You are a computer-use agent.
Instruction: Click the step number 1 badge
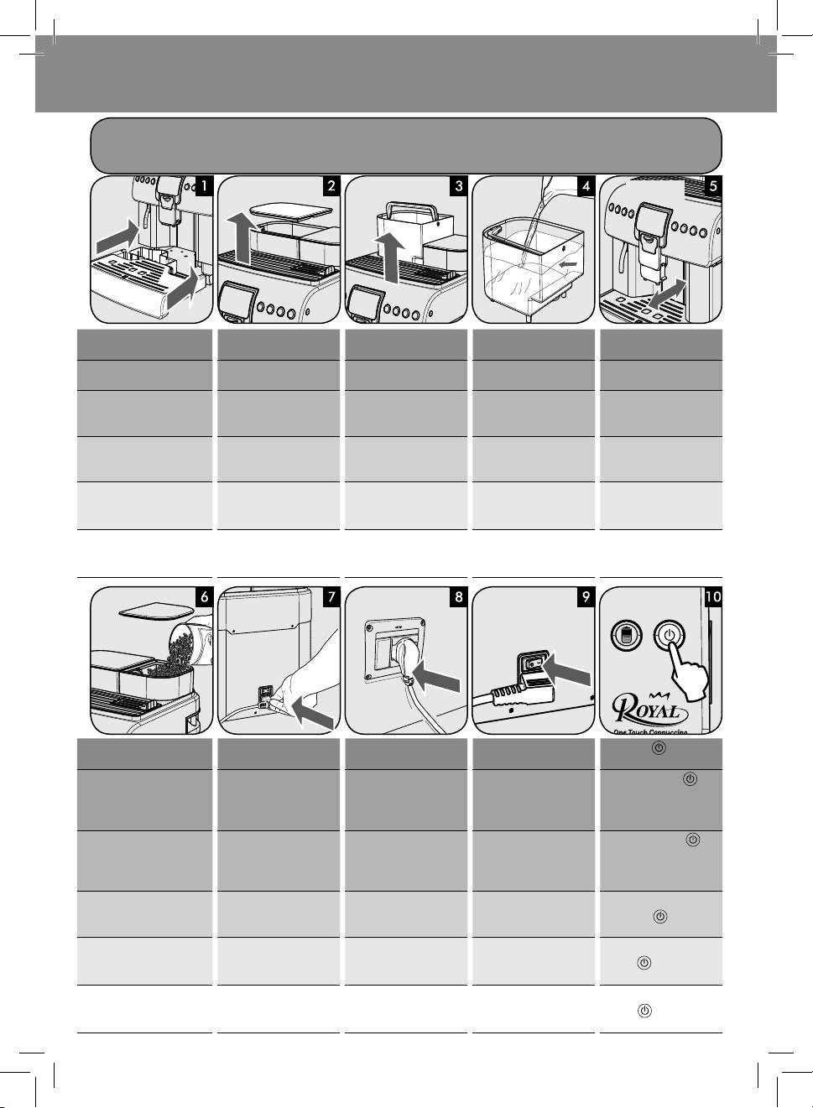pos(204,186)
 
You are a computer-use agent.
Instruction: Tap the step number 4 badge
pos(586,186)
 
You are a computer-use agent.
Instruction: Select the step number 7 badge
pos(331,597)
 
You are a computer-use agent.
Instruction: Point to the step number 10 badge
pos(712,597)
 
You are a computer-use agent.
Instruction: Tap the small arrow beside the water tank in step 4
pos(568,265)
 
